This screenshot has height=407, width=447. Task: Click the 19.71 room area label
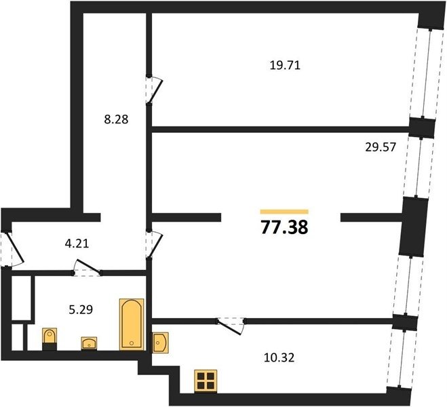[285, 66]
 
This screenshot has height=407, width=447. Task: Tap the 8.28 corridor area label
[116, 119]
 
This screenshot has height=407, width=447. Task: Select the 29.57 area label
[381, 147]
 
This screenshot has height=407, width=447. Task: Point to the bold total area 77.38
[284, 228]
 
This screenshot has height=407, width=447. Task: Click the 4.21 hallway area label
[77, 244]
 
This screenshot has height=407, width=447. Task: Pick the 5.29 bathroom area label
[81, 309]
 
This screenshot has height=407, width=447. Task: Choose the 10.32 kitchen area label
[279, 357]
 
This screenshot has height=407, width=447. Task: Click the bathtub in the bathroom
[132, 324]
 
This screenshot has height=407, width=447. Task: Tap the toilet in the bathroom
[50, 339]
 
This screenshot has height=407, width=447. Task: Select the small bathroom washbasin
[89, 343]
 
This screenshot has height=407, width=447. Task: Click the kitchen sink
[160, 343]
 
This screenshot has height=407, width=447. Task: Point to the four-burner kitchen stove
[206, 381]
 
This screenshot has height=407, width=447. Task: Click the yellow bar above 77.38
[284, 212]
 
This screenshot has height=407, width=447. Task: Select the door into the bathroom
[87, 269]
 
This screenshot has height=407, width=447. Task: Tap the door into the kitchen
[231, 326]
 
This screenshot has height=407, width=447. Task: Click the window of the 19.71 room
[427, 73]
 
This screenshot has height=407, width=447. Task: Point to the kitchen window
[400, 359]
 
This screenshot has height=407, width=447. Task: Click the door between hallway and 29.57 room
[154, 244]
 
